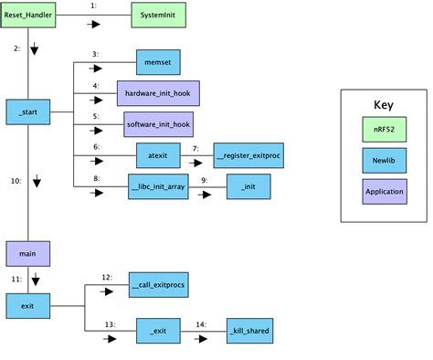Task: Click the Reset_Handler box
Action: coord(28,16)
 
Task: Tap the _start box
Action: coord(28,112)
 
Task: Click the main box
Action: coord(28,252)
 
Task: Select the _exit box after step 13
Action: coord(157,330)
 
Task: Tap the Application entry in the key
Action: coord(384,191)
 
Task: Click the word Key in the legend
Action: coord(384,104)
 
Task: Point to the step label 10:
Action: coord(16,181)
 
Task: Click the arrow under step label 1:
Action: coord(92,27)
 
